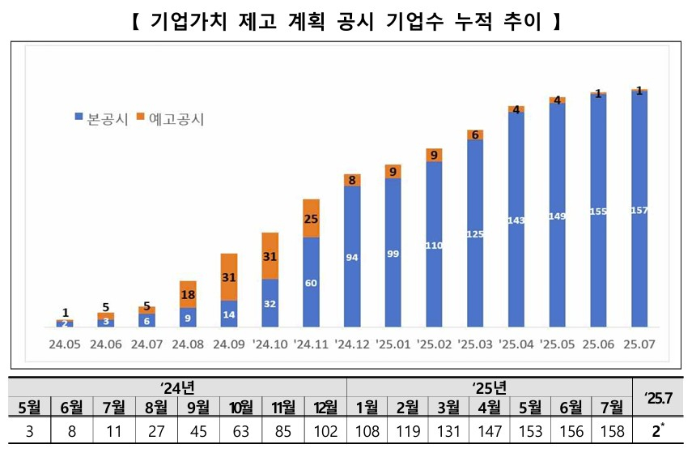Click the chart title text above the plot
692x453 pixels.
tap(346, 22)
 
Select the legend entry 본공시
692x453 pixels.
tap(101, 118)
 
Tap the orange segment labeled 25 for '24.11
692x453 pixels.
tap(312, 218)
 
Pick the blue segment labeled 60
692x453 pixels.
tap(312, 283)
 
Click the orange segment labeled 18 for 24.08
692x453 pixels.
tap(188, 294)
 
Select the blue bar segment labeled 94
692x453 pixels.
tap(352, 257)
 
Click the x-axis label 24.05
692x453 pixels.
tap(64, 344)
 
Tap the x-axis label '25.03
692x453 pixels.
tap(475, 344)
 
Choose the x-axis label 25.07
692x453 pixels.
tap(639, 344)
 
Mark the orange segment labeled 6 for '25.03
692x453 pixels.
tap(475, 135)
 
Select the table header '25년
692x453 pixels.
tap(489, 388)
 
